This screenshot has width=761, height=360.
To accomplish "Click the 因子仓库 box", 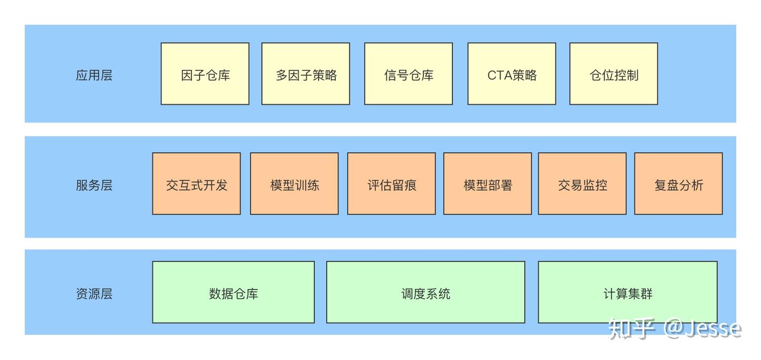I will [x=205, y=74].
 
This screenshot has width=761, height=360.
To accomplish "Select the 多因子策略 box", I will [x=305, y=74].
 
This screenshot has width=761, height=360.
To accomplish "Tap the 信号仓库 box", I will [x=409, y=74].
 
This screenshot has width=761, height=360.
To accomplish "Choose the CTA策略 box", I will [x=512, y=74].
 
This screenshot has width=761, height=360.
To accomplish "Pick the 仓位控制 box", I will [x=614, y=74].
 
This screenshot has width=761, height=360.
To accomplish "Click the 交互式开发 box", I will [x=197, y=184].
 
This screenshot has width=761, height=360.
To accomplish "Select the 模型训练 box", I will [x=294, y=184].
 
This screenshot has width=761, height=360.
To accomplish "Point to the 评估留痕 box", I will [x=392, y=184].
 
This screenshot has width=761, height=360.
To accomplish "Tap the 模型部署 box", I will [x=488, y=184].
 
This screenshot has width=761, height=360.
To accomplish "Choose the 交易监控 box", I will [x=582, y=184].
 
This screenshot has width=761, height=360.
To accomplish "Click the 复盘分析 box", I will [x=679, y=184].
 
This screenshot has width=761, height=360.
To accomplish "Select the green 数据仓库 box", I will [x=234, y=292].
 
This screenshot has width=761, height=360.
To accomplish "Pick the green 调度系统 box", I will [x=426, y=292].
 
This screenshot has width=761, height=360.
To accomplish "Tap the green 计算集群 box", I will [x=628, y=292].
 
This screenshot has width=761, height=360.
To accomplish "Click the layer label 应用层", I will [x=94, y=75].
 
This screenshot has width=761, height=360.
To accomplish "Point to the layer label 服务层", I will [x=94, y=186].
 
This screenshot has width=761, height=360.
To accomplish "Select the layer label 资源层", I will [x=94, y=294].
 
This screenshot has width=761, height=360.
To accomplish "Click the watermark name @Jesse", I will [x=703, y=328].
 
